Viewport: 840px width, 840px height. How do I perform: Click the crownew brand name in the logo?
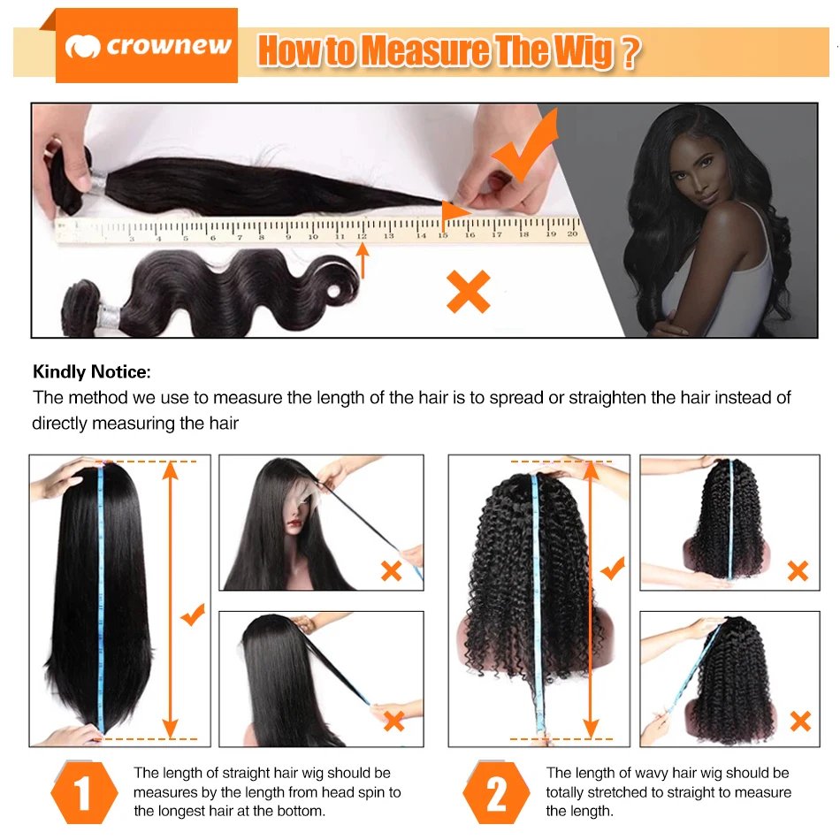point(168,46)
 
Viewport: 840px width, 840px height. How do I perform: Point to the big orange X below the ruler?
point(468,292)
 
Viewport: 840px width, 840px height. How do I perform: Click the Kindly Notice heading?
point(92,372)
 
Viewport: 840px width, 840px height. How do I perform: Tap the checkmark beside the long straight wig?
point(193,614)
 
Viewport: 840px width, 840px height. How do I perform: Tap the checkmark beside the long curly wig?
point(612,568)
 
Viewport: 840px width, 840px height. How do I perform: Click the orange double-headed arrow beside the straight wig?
point(171,599)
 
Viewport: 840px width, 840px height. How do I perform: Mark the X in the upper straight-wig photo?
point(391,570)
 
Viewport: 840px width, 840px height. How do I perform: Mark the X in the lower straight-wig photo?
point(393,721)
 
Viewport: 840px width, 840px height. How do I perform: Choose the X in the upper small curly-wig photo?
point(798,570)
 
